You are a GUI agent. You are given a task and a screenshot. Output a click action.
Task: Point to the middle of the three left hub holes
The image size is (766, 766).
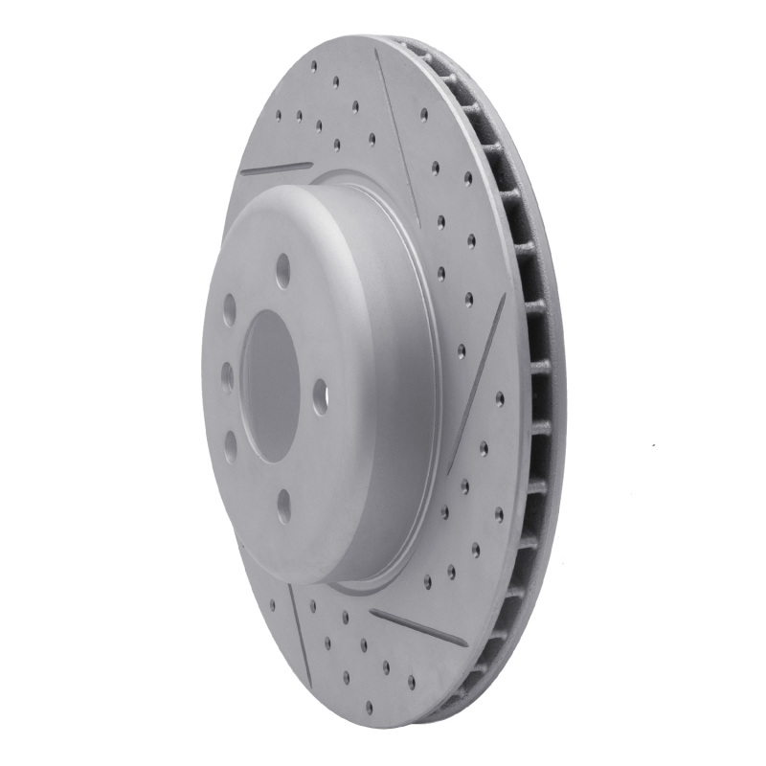tap(226, 376)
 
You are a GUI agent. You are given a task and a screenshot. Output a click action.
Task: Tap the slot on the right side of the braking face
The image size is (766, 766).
tap(480, 367)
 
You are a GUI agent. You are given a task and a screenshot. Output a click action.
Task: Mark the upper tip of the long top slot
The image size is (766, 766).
tap(377, 52)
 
